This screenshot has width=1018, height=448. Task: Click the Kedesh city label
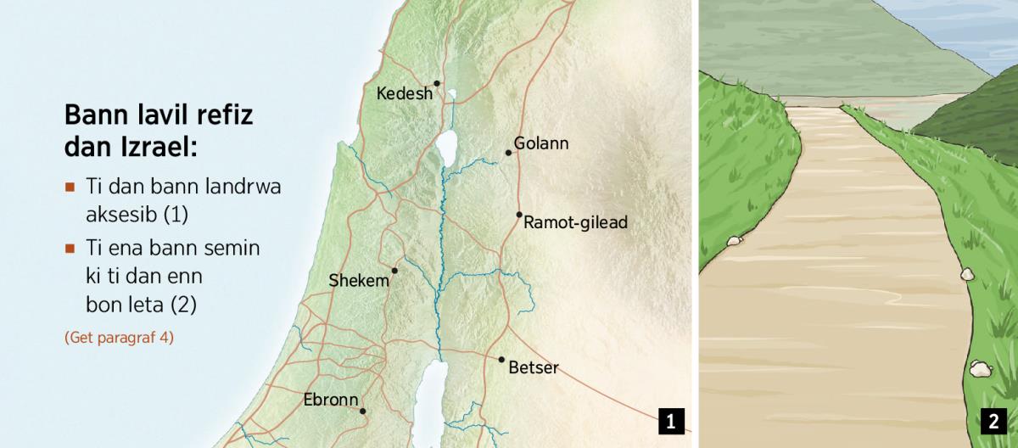click(404, 93)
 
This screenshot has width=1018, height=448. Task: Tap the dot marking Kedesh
click(437, 83)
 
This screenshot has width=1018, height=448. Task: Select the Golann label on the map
click(541, 143)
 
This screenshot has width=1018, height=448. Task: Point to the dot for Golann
click(509, 153)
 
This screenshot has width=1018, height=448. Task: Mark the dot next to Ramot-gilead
click(519, 215)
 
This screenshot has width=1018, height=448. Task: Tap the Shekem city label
click(360, 281)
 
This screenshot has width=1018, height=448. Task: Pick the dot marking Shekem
click(394, 271)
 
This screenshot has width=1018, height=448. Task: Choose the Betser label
click(534, 368)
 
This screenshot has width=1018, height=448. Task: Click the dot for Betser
click(501, 360)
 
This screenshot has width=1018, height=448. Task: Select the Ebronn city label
click(332, 400)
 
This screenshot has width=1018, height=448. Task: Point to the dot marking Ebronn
click(363, 412)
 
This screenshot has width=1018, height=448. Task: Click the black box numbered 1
click(670, 421)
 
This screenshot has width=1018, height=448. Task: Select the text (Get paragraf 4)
click(119, 337)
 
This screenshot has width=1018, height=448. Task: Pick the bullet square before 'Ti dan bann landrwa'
click(70, 187)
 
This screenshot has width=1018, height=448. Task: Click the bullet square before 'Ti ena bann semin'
click(70, 249)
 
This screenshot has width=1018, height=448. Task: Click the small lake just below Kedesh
click(452, 95)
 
